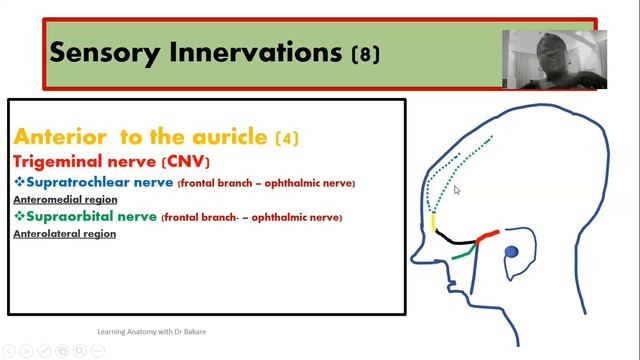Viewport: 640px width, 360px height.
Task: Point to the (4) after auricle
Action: pos(286,138)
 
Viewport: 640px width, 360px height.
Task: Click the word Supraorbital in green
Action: pos(68,216)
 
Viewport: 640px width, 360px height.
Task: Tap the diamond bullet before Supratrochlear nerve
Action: pos(19,183)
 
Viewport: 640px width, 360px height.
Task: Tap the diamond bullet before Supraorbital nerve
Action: pos(19,216)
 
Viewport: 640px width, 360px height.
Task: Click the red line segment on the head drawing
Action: pos(487,237)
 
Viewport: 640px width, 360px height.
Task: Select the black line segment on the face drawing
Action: pos(456,240)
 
